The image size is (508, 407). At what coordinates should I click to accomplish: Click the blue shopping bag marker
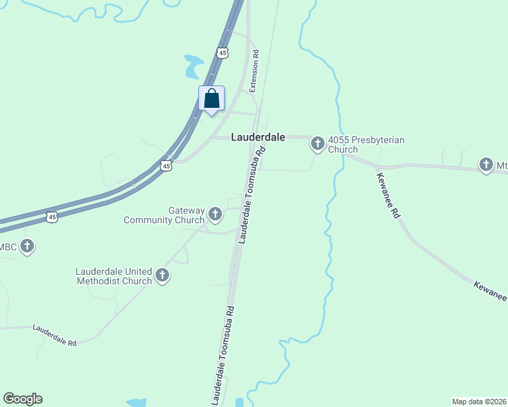211,98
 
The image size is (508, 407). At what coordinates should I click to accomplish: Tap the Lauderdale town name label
257,136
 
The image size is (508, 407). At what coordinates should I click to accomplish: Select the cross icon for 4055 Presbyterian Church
317,143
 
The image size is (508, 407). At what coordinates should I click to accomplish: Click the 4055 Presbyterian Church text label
366,144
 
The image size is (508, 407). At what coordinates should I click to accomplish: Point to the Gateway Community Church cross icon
215,215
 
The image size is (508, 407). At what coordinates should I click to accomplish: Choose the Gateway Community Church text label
164,215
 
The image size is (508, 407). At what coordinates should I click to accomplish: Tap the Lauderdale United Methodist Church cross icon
162,275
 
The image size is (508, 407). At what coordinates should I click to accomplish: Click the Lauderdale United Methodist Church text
114,276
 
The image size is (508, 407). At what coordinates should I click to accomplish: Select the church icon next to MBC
27,246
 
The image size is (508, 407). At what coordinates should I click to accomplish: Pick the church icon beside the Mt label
486,164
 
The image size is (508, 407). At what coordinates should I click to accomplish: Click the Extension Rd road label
255,71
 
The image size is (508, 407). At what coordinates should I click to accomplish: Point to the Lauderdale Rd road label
55,335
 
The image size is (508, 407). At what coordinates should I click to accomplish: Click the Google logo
22,399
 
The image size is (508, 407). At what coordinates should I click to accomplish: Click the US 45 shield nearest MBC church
52,217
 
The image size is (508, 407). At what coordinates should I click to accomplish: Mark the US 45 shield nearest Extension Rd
222,52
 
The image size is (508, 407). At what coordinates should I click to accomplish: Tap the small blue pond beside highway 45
193,66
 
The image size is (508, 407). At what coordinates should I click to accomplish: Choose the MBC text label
8,246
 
